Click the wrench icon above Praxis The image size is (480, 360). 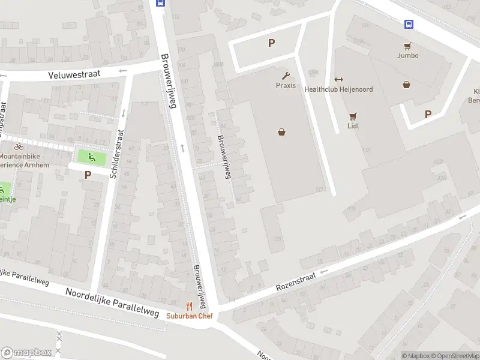(286, 75)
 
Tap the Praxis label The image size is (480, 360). (286, 85)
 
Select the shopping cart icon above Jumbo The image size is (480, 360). (407, 46)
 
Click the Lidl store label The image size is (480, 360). (352, 126)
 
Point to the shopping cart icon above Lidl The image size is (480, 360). (352, 116)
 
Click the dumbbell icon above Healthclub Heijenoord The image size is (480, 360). (338, 80)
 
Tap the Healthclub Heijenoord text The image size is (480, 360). (338, 89)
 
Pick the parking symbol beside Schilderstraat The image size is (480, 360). (88, 175)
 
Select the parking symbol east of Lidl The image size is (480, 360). (428, 114)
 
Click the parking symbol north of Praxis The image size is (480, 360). (271, 43)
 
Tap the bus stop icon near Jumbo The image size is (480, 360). (409, 24)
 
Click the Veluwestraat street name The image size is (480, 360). (74, 75)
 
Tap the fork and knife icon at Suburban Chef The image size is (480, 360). (188, 306)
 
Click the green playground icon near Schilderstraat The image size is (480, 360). (91, 158)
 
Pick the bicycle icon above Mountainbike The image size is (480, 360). (19, 146)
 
